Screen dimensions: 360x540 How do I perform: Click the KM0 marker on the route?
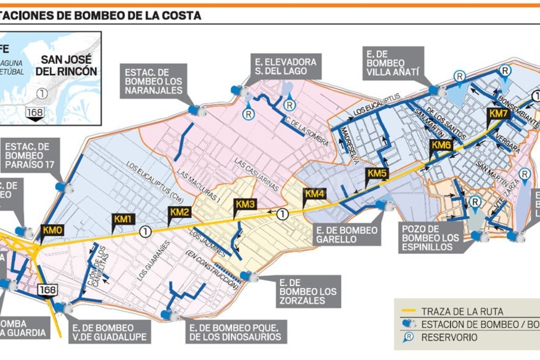point(52,230)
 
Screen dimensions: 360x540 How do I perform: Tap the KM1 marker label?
point(123,219)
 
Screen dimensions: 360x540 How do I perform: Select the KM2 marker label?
point(179,212)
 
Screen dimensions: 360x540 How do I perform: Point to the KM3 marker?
point(245,204)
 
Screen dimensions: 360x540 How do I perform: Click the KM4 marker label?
point(314,194)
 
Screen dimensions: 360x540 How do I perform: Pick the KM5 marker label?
point(377,173)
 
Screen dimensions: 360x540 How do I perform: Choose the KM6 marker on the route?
point(441,145)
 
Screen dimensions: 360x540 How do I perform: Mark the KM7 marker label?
point(498,114)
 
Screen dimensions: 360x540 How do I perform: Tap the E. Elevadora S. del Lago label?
point(286,67)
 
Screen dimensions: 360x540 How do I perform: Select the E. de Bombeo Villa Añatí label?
point(394,64)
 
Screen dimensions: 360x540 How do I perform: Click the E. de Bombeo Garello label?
point(346,236)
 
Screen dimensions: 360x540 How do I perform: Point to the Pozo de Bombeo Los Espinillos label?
point(431,238)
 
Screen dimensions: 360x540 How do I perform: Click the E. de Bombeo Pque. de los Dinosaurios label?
point(235,332)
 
